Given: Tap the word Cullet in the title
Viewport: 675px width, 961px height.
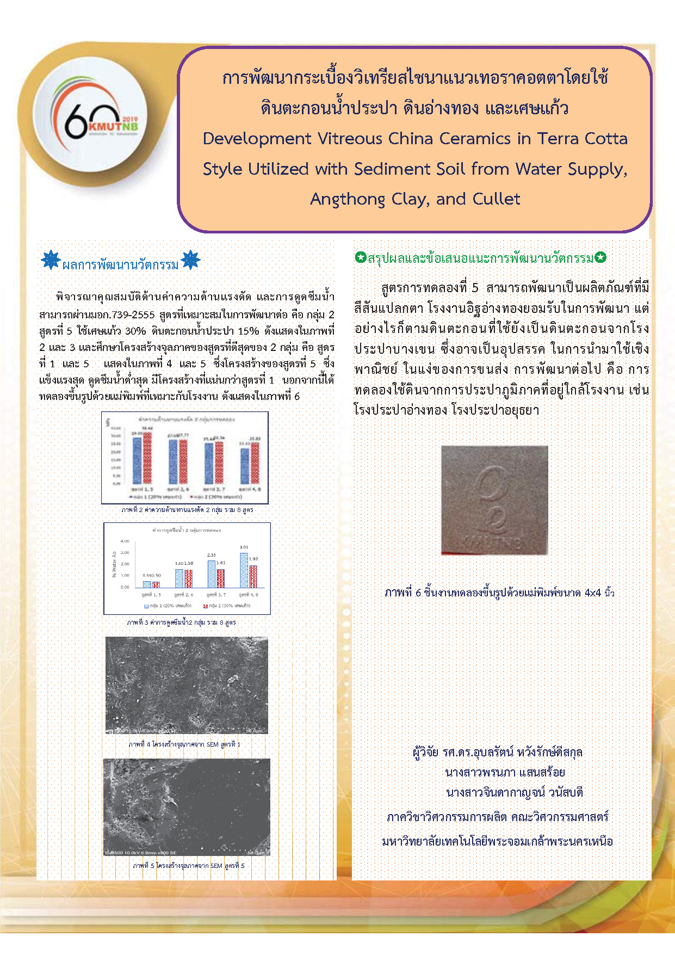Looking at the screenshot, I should click(496, 199).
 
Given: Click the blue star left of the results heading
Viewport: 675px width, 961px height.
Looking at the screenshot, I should click(51, 260).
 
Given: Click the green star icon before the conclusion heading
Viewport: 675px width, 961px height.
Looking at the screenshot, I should click(360, 257).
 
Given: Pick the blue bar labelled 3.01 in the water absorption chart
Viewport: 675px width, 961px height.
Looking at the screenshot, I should click(244, 570).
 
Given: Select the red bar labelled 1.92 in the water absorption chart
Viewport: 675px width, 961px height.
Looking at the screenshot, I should click(253, 576).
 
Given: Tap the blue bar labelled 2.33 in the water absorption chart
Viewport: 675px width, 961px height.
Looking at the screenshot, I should click(212, 574).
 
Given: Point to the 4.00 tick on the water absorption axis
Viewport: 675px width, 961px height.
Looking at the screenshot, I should click(125, 541).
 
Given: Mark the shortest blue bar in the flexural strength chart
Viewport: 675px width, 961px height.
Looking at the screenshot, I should click(245, 466).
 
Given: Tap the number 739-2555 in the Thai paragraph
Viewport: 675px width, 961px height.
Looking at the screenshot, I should click(133, 315).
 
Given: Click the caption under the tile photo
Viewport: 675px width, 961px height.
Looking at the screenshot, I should click(499, 593).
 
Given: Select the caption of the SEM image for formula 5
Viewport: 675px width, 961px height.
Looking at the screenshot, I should click(188, 865).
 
